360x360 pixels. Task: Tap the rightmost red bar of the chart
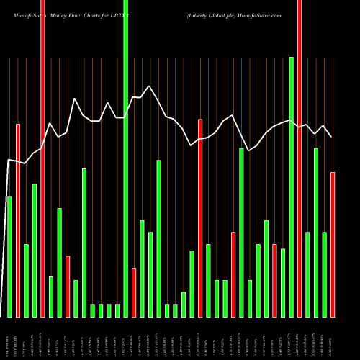tap(333, 245)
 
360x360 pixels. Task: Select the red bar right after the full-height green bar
tap(134, 292)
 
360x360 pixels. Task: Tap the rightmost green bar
tap(325, 274)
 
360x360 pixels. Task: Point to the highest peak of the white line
tap(149, 86)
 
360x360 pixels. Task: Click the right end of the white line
tap(331, 137)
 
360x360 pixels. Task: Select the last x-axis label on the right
tap(333, 338)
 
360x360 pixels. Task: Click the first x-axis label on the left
tap(9, 338)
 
